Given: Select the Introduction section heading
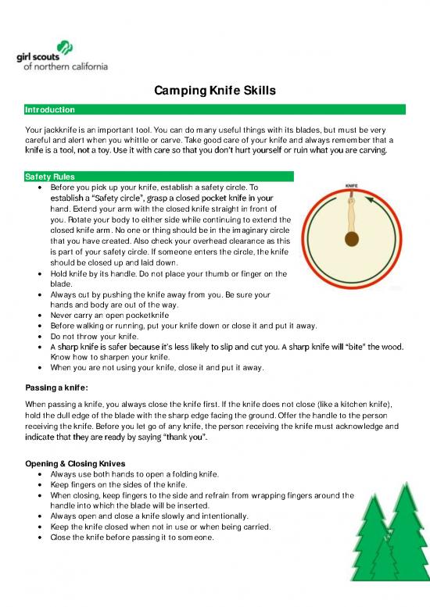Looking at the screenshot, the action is (50, 110).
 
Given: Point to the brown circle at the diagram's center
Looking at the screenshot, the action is (351, 239).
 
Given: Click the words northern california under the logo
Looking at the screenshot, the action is (74, 67).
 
